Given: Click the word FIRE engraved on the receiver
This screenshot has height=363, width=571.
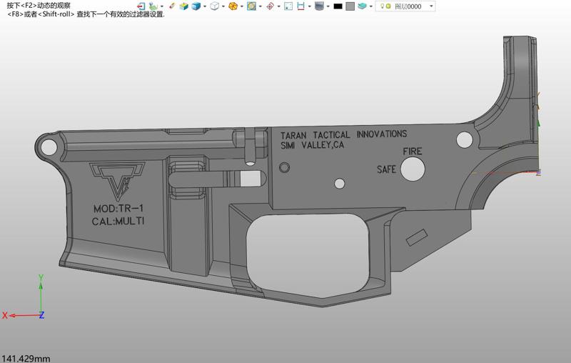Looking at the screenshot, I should click(413, 151).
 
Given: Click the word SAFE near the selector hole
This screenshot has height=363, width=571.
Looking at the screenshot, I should click(386, 170).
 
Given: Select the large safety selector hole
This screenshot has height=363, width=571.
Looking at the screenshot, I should click(413, 169).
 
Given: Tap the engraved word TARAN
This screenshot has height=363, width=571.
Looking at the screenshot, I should click(295, 135).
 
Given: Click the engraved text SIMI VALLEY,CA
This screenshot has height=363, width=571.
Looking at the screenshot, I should click(312, 146).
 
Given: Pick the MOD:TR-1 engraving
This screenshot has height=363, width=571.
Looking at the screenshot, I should click(119, 209).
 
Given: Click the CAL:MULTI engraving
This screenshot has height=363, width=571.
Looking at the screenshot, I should click(118, 222).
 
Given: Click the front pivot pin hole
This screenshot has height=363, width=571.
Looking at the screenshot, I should click(49, 146).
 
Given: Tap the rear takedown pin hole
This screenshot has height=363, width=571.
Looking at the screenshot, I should click(464, 138).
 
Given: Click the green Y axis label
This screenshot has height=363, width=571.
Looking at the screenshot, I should click(41, 278).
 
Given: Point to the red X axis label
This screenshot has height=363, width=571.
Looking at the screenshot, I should click(5, 315).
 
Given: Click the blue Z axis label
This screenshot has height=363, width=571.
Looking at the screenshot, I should click(41, 315).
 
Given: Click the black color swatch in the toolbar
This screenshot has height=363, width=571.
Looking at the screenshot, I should click(338, 6).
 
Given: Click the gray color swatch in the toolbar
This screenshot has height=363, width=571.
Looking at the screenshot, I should click(350, 6).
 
